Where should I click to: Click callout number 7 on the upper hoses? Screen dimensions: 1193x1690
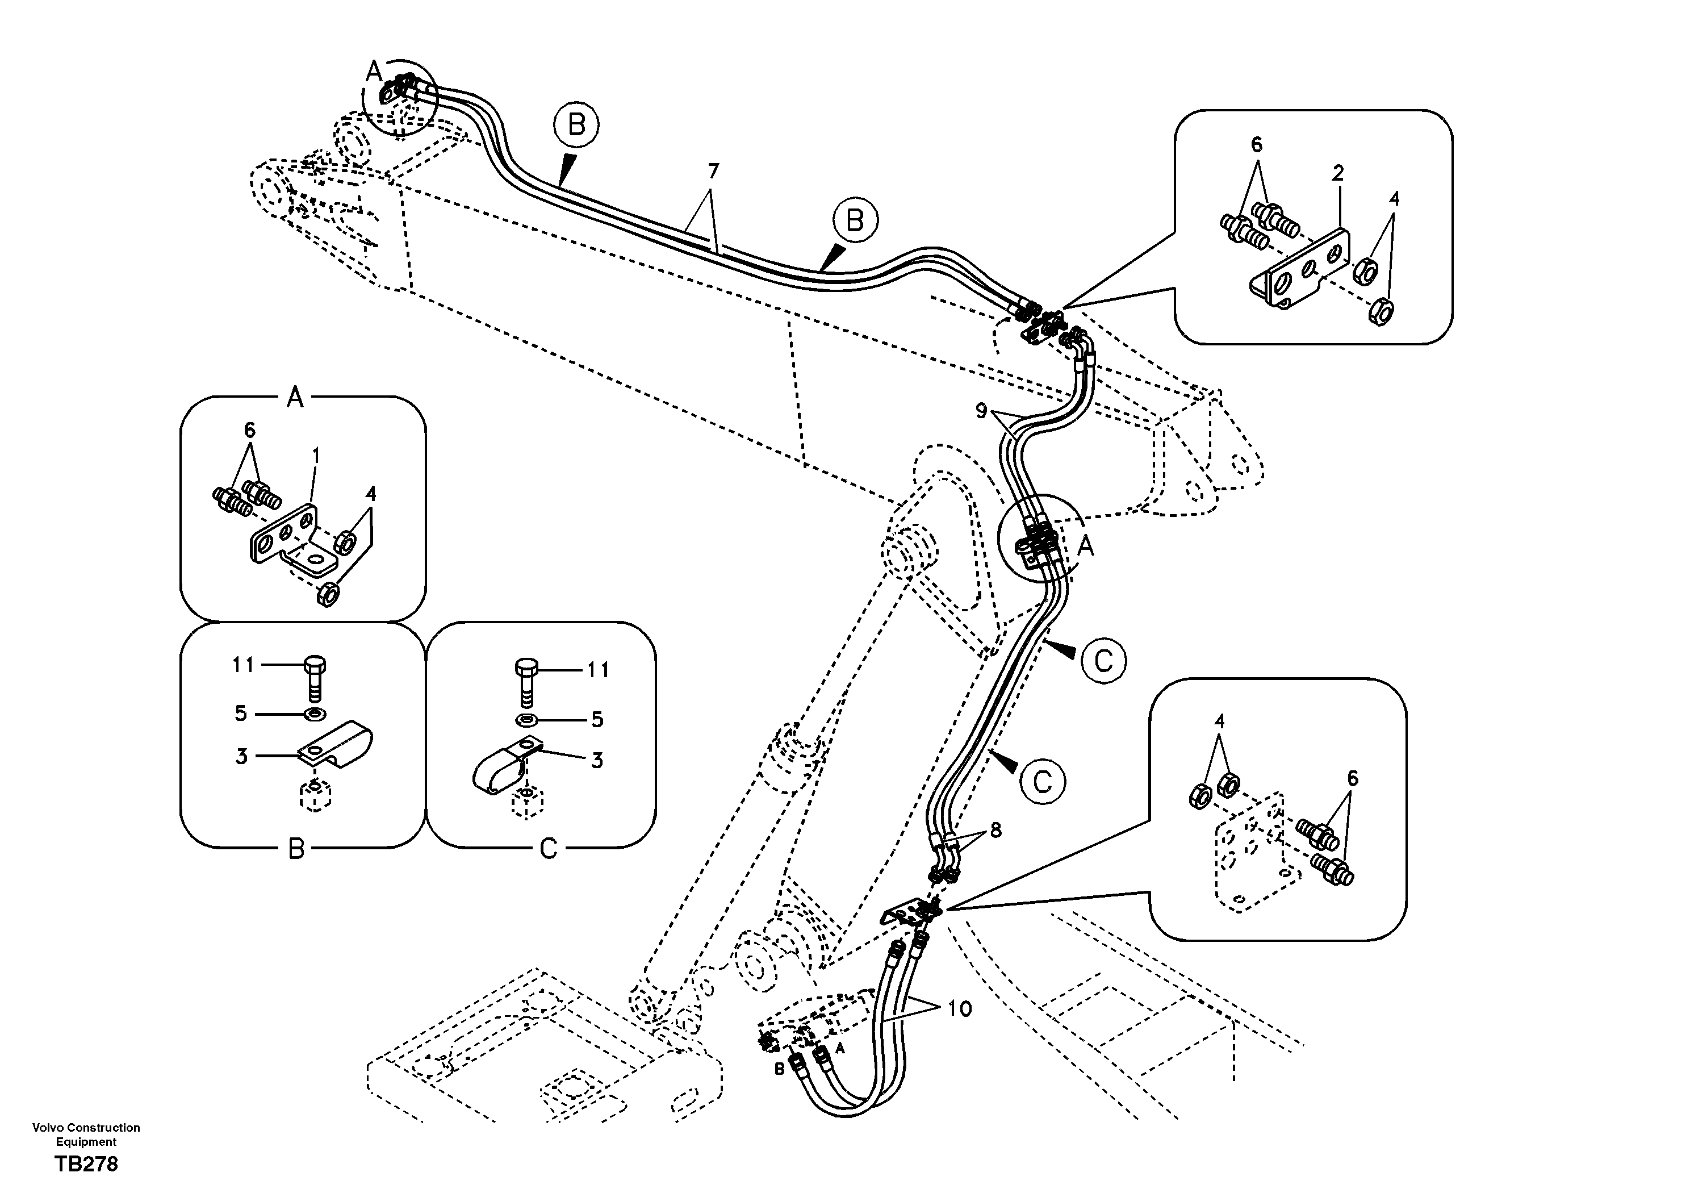[x=713, y=171]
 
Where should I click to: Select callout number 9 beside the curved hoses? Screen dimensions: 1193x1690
[x=981, y=411]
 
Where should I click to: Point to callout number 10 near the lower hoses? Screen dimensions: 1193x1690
[x=960, y=1008]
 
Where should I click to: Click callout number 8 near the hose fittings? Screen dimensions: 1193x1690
[x=995, y=830]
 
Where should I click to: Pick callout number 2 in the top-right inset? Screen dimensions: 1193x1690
[x=1337, y=173]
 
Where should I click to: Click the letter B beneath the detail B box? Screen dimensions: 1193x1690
[x=296, y=849]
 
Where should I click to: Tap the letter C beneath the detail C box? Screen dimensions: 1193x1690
[x=549, y=849]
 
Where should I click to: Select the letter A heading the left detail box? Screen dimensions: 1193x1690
[x=294, y=398]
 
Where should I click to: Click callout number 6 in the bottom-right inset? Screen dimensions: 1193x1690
[x=1352, y=778]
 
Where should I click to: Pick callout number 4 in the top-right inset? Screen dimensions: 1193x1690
[x=1394, y=199]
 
